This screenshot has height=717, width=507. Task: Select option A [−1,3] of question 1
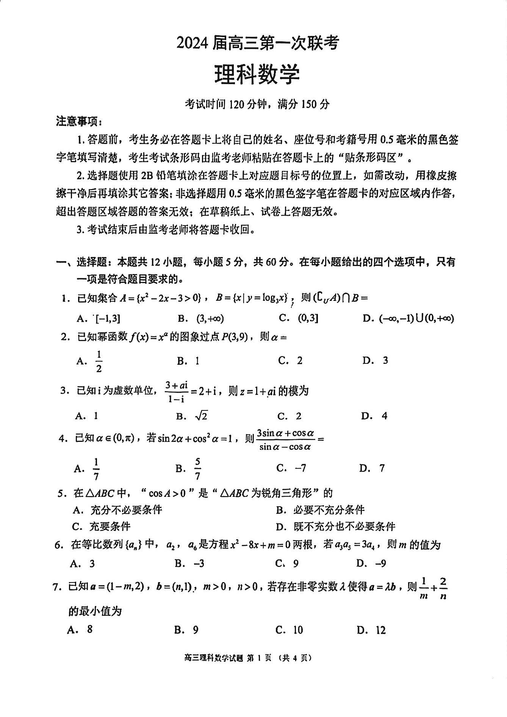(108, 319)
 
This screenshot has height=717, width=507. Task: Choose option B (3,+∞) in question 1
(210, 319)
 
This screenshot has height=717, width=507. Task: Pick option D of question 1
(416, 319)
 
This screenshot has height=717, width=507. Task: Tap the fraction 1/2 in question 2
(99, 361)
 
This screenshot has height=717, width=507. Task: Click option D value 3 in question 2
(385, 360)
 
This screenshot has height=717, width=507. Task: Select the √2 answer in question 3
(201, 416)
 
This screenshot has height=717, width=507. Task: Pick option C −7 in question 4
(300, 468)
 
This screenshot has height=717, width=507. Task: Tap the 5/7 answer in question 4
(197, 469)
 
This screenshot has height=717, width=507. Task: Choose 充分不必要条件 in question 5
(126, 510)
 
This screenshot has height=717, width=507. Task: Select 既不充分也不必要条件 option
(344, 526)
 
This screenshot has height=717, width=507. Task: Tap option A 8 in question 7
(89, 629)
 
